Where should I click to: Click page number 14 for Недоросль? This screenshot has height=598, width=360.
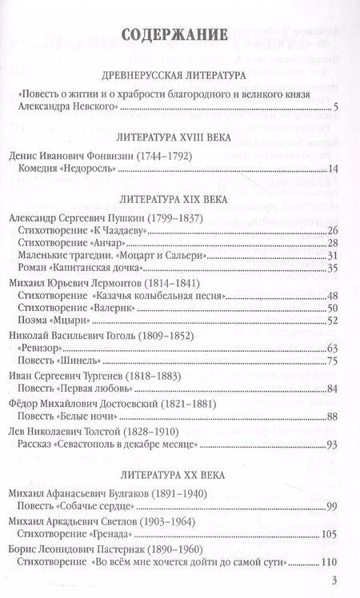tap(334, 168)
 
